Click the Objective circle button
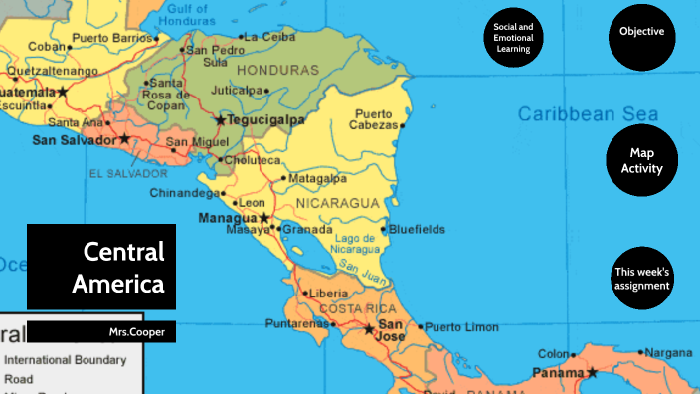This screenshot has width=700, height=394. (x=641, y=32)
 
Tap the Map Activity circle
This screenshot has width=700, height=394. (x=641, y=160)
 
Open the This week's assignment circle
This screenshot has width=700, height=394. (x=641, y=279)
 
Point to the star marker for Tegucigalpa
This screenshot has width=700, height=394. (x=221, y=120)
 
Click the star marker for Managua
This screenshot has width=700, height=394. (x=264, y=217)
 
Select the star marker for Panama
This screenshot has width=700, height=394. (x=592, y=373)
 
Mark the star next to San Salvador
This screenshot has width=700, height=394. (x=124, y=139)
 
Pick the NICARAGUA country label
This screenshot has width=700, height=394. (x=338, y=202)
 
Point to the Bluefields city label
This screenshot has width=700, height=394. (x=418, y=229)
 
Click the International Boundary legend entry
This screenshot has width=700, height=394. (x=66, y=359)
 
